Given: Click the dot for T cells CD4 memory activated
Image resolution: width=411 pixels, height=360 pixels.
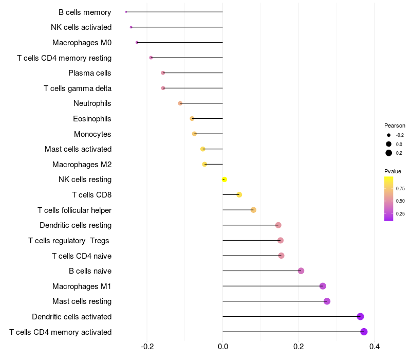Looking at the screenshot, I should click(364, 332).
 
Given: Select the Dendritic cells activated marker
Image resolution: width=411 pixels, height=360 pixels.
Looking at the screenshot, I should click(360, 316).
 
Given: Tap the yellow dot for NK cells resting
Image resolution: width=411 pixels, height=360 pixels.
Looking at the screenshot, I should click(224, 179).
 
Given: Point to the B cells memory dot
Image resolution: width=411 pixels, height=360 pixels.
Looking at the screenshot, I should click(126, 12).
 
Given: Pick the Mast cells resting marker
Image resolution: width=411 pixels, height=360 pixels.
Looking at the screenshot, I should click(327, 301).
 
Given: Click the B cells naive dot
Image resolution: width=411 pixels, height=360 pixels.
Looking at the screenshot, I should click(301, 271).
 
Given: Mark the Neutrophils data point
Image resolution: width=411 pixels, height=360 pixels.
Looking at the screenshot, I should click(180, 103).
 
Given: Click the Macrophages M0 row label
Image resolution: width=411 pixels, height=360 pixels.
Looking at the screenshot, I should click(82, 43).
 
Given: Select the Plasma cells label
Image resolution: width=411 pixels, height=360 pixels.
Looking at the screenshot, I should click(90, 73).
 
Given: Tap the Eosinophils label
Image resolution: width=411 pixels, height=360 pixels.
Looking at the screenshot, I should click(92, 119).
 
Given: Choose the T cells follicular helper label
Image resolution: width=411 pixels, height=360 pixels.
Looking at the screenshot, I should click(74, 210).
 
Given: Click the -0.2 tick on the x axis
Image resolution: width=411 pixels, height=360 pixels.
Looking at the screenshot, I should click(147, 347).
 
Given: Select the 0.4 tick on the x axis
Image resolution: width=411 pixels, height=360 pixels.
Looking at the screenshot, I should click(374, 347).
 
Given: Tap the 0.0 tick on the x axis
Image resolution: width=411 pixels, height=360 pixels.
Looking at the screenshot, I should click(223, 347).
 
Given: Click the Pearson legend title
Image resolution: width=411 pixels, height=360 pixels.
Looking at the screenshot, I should click(395, 125).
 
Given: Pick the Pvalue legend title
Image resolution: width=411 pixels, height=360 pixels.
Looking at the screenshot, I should click(393, 171).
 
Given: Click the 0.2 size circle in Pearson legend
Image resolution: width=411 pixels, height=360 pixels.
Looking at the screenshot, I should click(389, 153).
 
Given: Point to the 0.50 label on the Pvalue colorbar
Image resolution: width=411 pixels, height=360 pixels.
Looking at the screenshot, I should click(400, 201).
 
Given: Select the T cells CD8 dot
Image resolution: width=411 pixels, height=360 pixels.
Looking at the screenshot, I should click(239, 194).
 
